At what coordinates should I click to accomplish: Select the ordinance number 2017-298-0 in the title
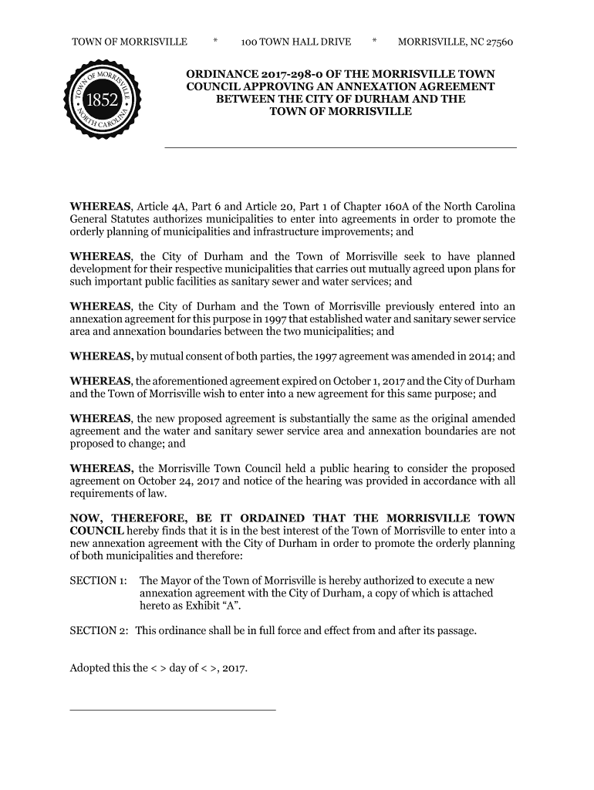299,74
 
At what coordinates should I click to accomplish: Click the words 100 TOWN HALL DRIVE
295,42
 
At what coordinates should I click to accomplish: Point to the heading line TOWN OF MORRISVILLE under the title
340,112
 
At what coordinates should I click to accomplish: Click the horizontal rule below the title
340,147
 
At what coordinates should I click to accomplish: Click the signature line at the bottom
172,709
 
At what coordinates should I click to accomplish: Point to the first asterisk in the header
214,42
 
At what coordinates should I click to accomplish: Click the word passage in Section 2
454,631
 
